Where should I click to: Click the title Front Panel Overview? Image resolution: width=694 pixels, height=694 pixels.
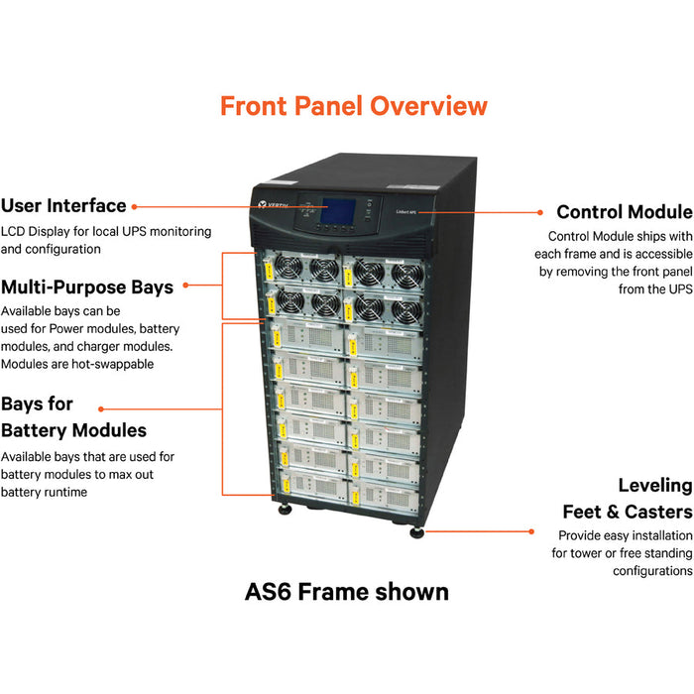click(x=354, y=106)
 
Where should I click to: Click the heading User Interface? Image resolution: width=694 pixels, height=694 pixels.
click(x=63, y=206)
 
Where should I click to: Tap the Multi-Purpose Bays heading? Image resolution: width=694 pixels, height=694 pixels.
click(x=87, y=288)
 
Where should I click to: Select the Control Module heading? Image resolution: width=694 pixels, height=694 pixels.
click(x=624, y=212)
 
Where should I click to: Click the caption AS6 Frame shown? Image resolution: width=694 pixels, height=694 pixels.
click(x=347, y=592)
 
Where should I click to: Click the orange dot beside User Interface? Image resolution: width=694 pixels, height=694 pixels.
click(x=135, y=206)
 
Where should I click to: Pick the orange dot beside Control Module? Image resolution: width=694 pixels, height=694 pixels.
click(x=539, y=211)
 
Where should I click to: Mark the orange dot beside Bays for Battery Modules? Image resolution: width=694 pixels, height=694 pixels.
click(x=100, y=406)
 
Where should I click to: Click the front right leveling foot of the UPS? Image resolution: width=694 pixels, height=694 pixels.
click(x=417, y=531)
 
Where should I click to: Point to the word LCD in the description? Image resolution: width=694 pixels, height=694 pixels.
click(x=13, y=231)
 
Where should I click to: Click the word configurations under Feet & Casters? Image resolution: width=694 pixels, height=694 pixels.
click(x=652, y=571)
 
